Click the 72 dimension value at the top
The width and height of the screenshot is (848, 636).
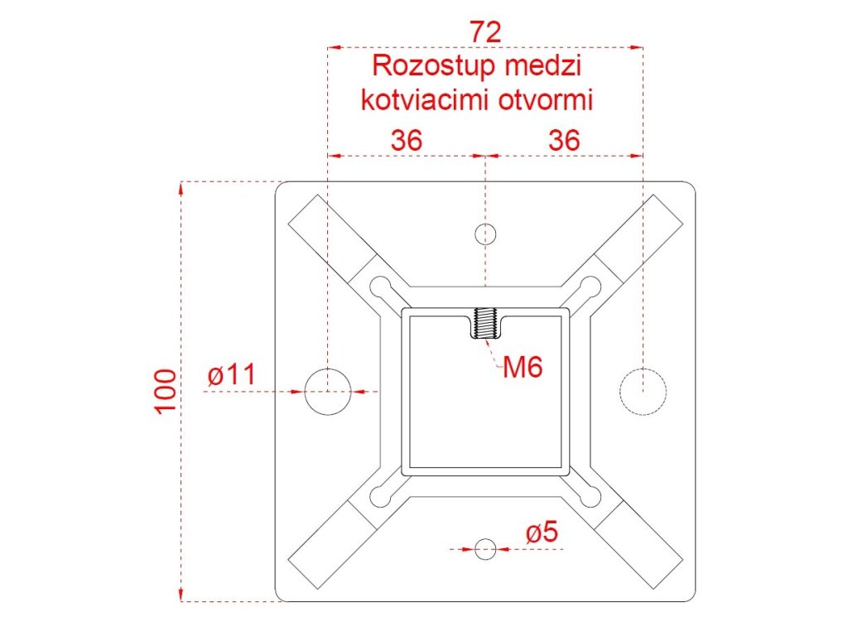[485, 31]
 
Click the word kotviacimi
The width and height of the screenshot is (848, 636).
[425, 100]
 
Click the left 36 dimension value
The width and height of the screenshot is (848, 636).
[407, 140]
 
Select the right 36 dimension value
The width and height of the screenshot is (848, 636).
[564, 140]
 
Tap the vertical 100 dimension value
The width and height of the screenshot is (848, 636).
[166, 391]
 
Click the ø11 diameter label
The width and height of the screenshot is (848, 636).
[231, 375]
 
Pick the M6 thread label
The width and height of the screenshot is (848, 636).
[523, 367]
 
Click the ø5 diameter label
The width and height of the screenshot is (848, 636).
[542, 533]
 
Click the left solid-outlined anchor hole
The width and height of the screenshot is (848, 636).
[327, 391]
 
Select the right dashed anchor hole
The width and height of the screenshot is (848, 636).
[643, 391]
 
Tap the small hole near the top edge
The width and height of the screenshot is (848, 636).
[485, 234]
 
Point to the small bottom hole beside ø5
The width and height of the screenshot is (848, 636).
[485, 547]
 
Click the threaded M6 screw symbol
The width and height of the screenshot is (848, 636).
[485, 324]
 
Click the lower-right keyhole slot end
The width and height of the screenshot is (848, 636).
[590, 496]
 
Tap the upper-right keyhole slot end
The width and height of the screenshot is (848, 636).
[590, 287]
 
